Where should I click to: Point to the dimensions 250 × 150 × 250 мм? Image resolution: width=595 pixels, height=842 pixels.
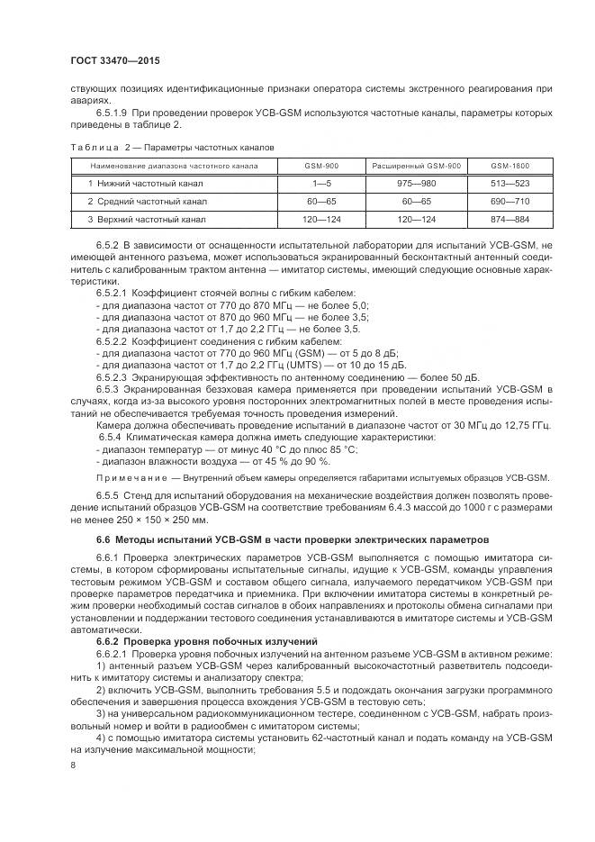[161, 520]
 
